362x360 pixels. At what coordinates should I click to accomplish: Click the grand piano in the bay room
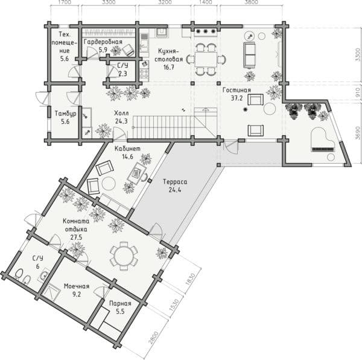click(323, 140)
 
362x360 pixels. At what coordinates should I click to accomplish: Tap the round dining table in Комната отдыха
click(124, 256)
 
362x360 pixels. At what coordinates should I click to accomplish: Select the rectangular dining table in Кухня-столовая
click(206, 59)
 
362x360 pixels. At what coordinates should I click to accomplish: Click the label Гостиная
click(237, 90)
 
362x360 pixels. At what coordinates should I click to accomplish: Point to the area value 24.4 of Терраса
click(175, 190)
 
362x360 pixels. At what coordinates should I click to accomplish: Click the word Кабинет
click(127, 149)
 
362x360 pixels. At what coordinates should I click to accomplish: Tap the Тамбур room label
click(65, 114)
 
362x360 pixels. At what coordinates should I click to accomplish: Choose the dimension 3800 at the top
click(251, 2)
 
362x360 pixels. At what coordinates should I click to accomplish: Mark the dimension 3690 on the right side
click(357, 133)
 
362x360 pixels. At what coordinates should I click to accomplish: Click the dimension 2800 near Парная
click(153, 338)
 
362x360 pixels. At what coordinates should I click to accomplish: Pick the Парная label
click(120, 303)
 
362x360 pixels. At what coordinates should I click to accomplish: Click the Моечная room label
click(77, 286)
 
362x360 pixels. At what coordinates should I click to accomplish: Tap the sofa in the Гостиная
click(249, 55)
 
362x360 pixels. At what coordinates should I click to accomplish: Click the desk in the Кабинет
click(137, 173)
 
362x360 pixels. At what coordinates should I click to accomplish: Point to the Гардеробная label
click(103, 42)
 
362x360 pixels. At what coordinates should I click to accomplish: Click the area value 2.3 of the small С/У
click(122, 74)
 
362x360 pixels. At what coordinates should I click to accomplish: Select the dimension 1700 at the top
click(65, 2)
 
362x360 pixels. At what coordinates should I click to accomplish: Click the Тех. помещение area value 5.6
click(65, 59)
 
